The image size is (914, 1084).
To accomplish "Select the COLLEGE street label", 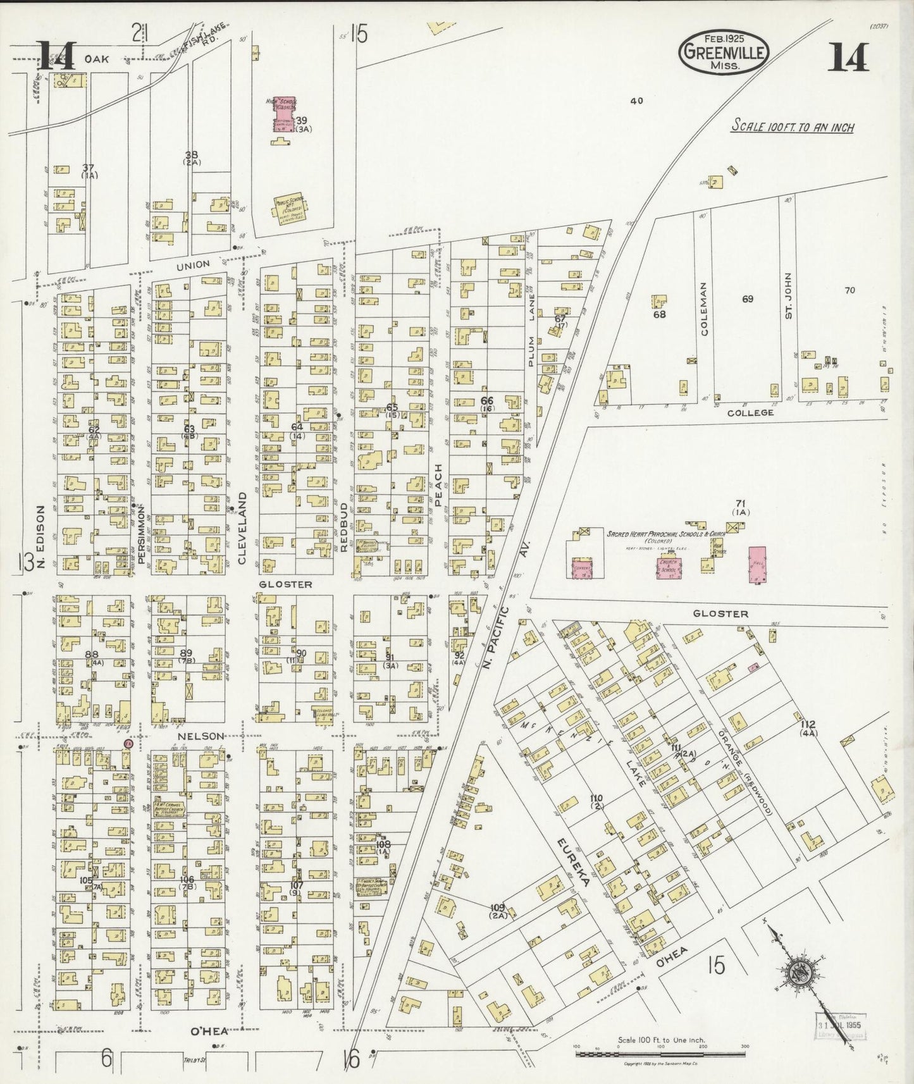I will pos(750,412).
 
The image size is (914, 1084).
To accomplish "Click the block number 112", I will pos(808,724).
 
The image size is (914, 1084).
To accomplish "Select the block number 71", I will pos(740,503).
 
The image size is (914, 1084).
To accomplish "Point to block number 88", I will pos(92,654).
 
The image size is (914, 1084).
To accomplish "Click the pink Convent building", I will pos(582,569).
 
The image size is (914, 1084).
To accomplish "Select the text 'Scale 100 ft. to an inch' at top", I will pos(792,126).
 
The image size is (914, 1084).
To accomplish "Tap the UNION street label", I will pos(192,264).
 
